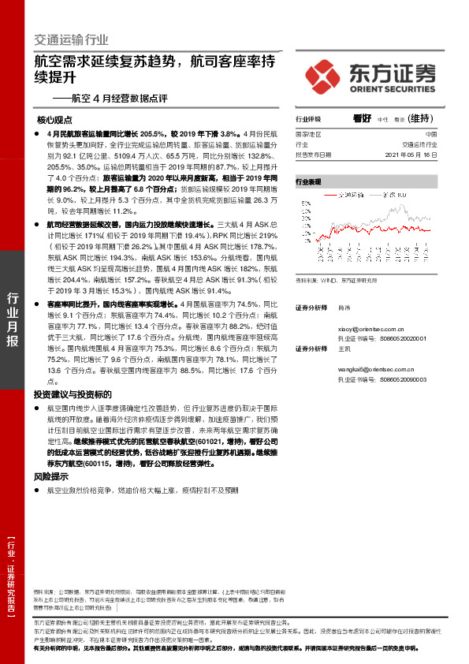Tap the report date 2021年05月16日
[x=409, y=155]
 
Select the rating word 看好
[x=363, y=118]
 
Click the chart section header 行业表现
[x=308, y=181]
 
